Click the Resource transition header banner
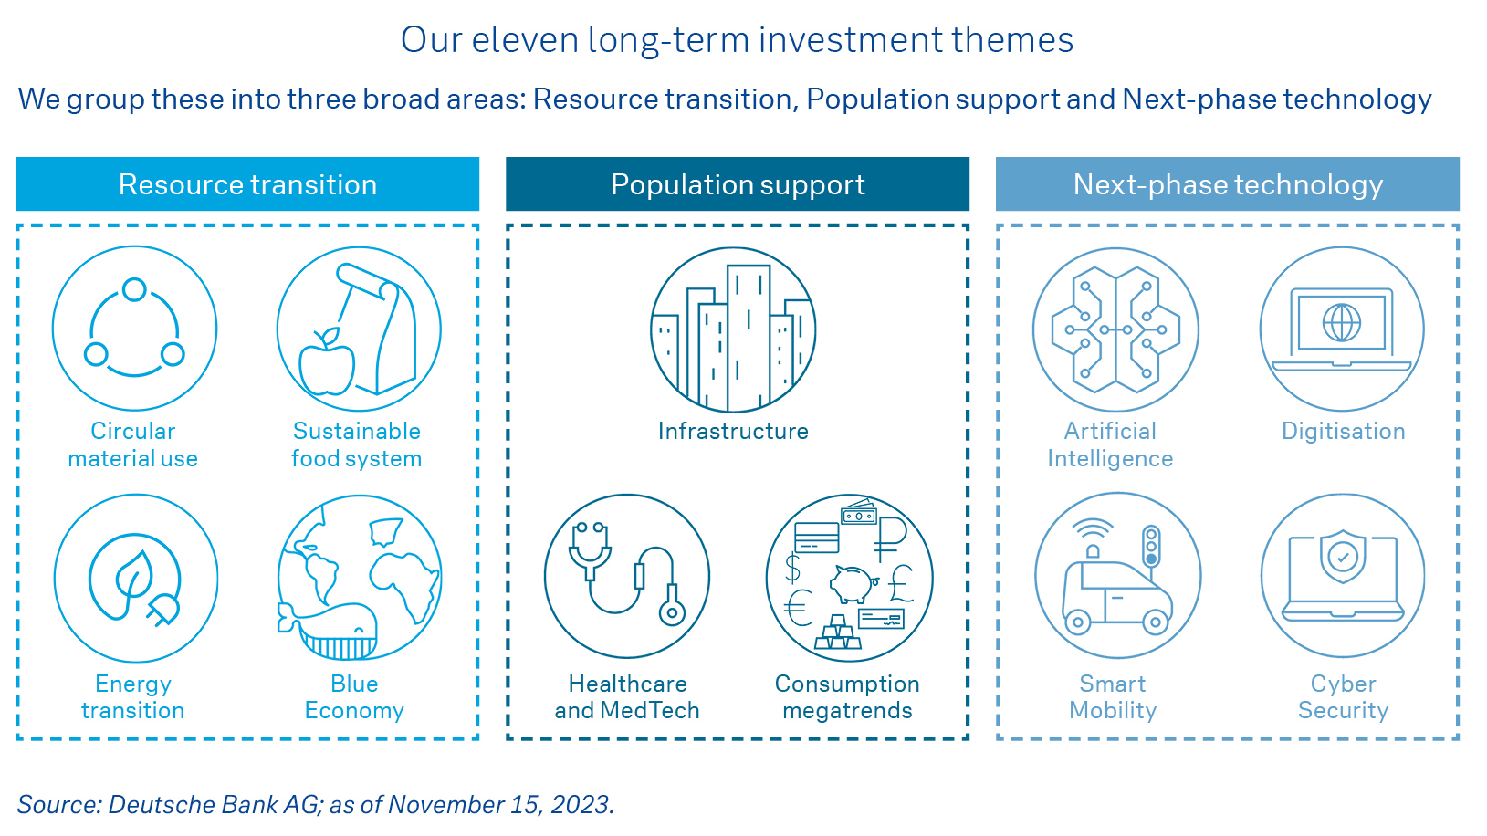click(247, 183)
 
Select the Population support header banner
click(738, 183)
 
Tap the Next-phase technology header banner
click(1228, 183)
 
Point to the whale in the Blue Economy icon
click(329, 631)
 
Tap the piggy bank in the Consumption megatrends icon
click(853, 583)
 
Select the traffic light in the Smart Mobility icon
click(1152, 546)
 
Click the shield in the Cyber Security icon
click(1343, 556)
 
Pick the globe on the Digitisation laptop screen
click(1342, 322)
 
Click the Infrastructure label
click(733, 432)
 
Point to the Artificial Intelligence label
click(1110, 444)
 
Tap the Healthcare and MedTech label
click(627, 696)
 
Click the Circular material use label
click(132, 444)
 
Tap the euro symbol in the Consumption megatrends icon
click(799, 608)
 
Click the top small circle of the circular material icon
click(135, 290)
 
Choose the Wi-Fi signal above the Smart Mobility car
click(1092, 529)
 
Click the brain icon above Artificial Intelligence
click(1115, 329)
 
